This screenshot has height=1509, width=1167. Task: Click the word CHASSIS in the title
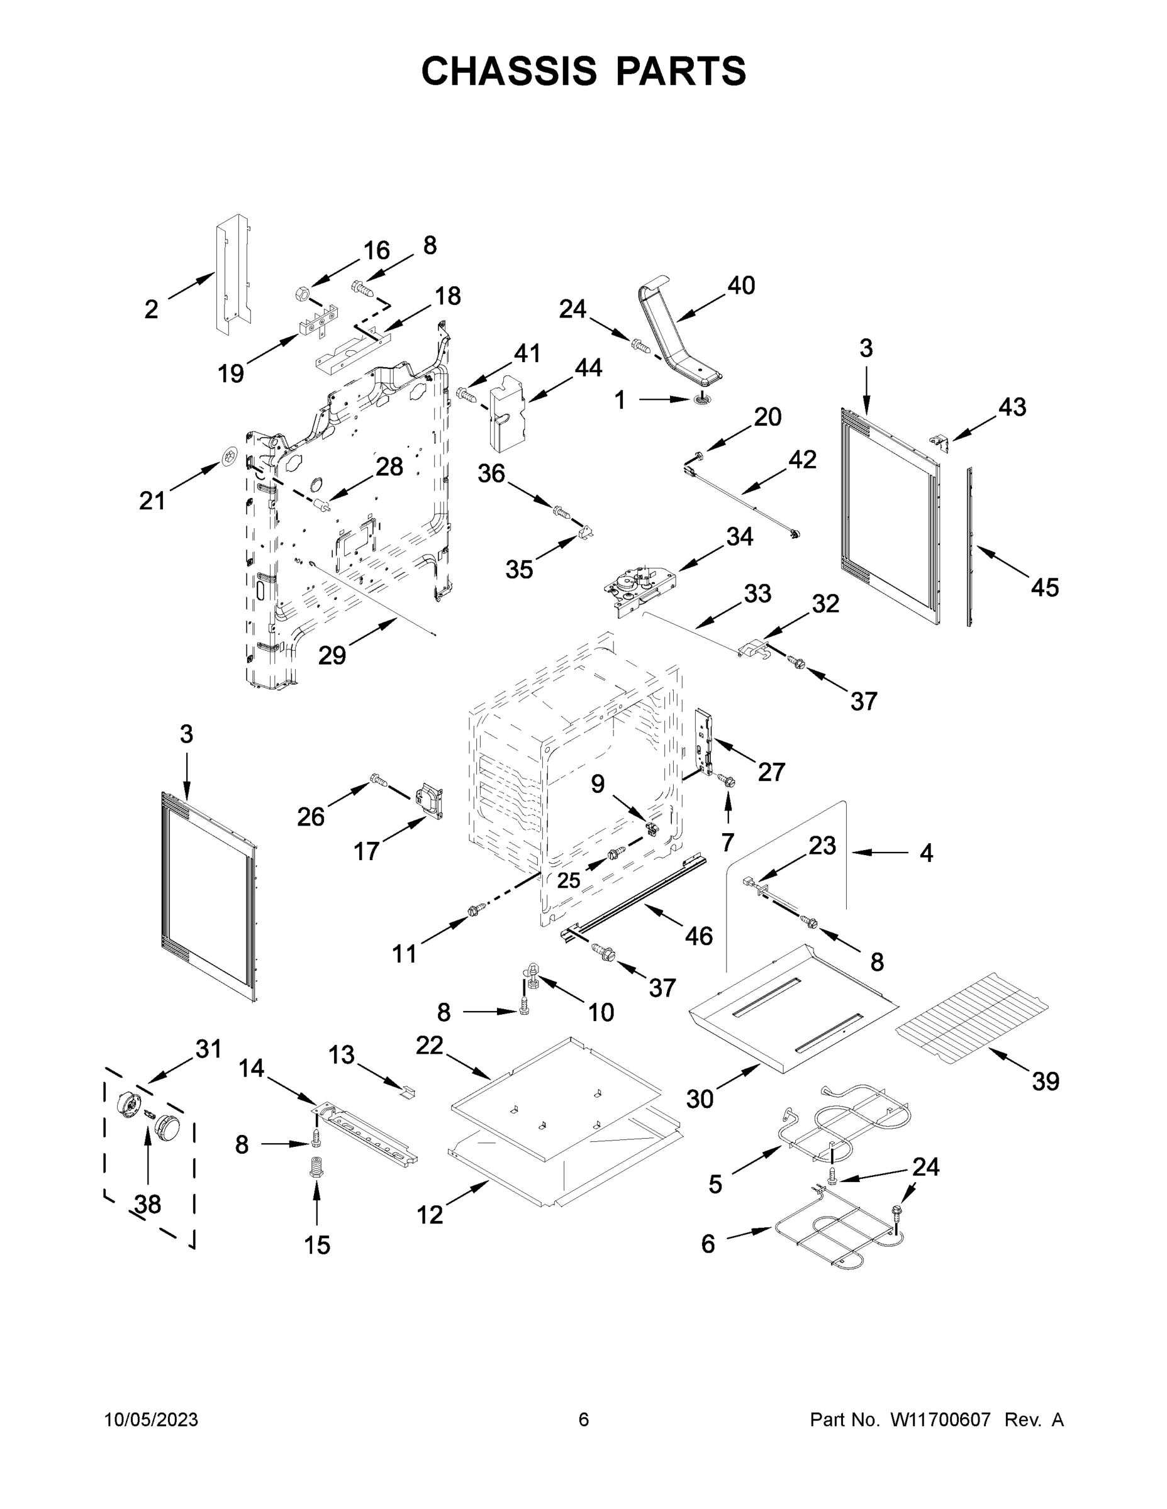coord(509,71)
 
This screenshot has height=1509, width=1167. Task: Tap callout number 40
coord(741,285)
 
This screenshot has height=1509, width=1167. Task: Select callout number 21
coord(152,500)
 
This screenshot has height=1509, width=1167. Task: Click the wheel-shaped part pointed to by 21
coord(230,456)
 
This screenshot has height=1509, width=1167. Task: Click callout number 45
coord(1044,587)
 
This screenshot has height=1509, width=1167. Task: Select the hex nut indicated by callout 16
coord(302,294)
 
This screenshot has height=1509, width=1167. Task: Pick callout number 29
coord(332,655)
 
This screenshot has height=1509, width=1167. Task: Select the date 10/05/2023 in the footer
coord(151,1420)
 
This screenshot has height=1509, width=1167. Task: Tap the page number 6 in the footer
coord(584,1420)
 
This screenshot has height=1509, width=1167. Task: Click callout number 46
coord(698,936)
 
